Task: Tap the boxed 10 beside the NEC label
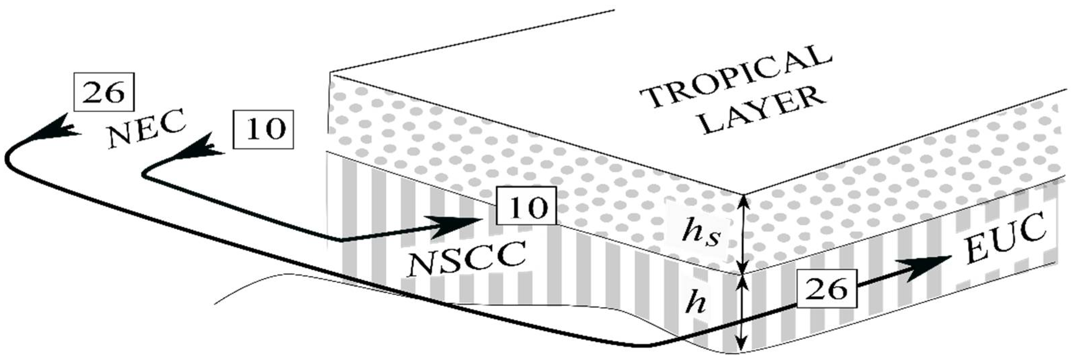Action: click(x=263, y=129)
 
